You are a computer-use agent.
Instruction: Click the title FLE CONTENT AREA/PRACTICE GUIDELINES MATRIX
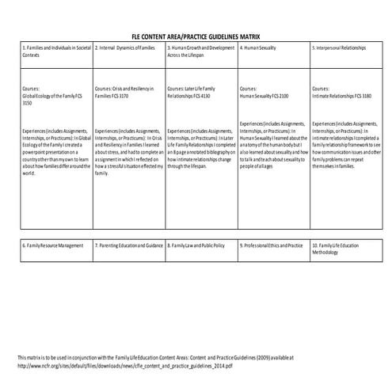196,37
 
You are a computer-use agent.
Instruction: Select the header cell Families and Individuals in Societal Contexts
51,52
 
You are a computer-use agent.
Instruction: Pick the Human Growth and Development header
200,52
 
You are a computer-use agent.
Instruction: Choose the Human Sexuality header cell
259,48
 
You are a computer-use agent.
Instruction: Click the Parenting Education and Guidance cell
129,245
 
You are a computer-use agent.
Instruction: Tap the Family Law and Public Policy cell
200,245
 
